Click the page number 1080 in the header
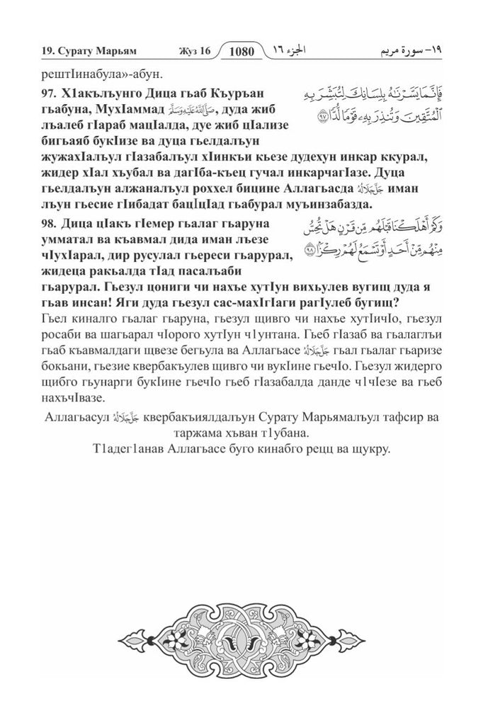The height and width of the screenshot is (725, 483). coord(242,50)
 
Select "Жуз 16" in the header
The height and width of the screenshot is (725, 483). coord(192,51)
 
